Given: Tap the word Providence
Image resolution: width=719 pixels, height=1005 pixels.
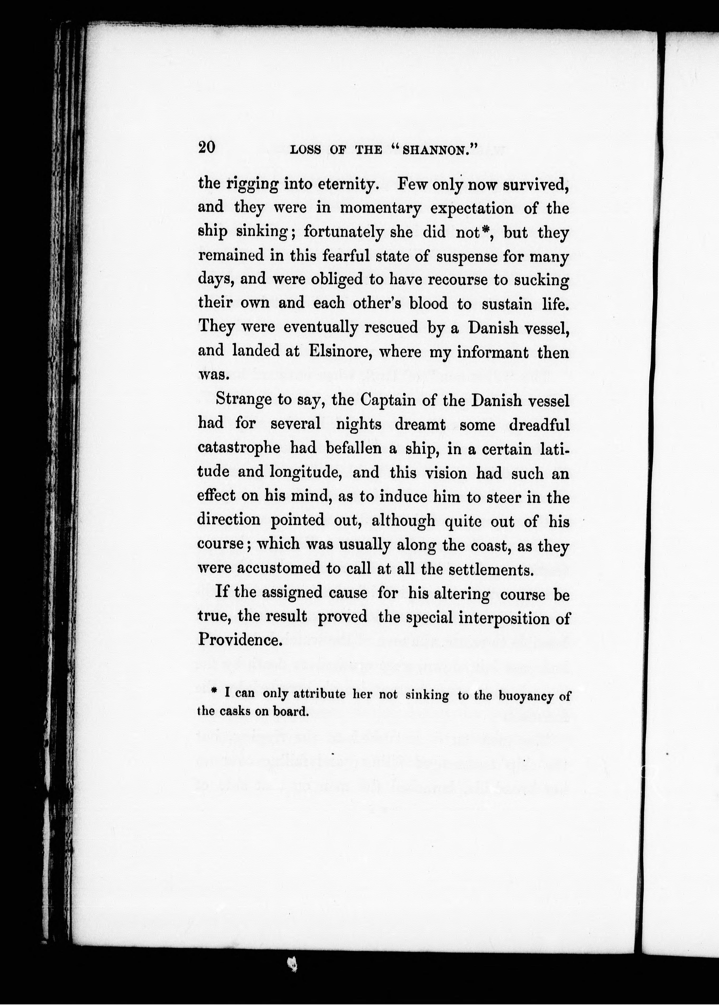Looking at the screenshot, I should [x=240, y=639].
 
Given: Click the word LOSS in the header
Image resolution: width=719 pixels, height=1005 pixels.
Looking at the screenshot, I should [x=305, y=150].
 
